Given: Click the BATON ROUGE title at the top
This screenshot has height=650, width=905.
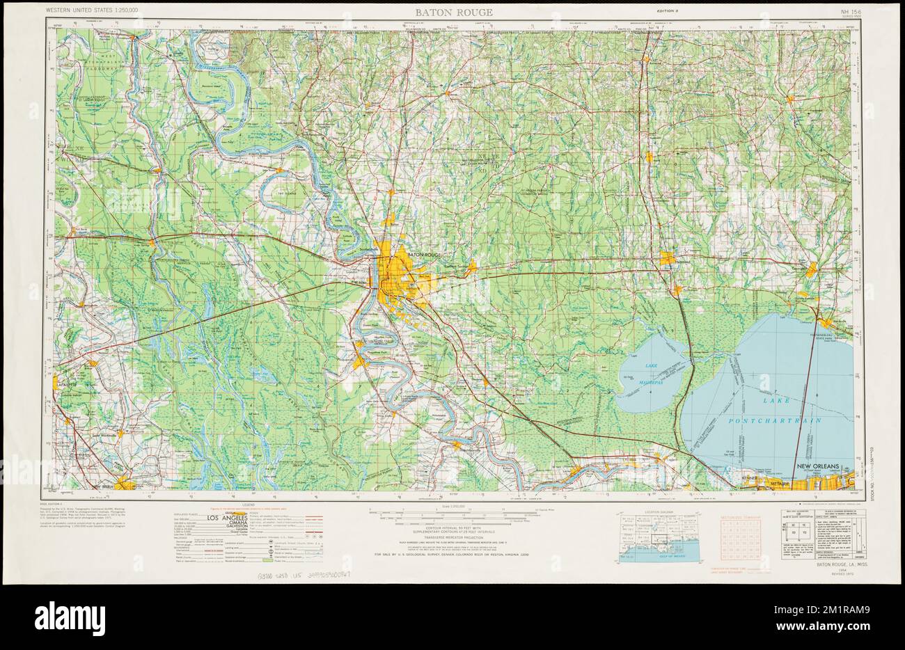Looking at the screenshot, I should pos(454,12).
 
